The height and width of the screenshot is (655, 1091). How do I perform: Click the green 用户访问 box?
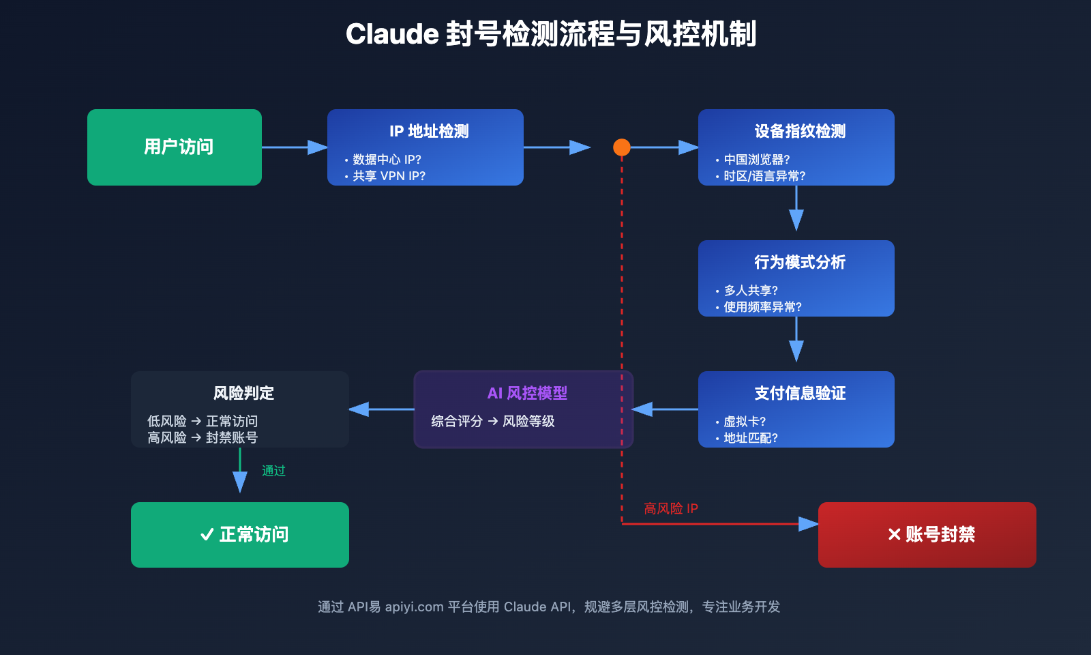(175, 147)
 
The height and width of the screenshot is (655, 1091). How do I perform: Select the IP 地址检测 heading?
(429, 131)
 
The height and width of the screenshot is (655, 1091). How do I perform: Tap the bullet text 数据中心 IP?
(387, 160)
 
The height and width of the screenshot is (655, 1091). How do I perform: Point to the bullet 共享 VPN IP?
(389, 176)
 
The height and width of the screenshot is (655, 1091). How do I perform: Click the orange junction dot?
(621, 147)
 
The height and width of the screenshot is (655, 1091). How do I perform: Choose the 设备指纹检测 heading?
(799, 131)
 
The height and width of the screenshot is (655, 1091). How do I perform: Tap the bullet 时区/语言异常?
(764, 176)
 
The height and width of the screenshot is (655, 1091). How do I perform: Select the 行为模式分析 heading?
(799, 262)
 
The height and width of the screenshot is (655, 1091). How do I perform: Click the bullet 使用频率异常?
(762, 307)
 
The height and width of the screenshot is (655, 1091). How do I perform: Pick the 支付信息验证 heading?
(799, 393)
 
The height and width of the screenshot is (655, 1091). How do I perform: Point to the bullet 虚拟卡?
(745, 422)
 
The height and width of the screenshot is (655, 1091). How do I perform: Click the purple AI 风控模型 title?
(527, 393)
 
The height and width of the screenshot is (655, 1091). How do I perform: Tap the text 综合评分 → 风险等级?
(492, 422)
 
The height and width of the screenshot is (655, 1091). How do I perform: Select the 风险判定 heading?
(243, 393)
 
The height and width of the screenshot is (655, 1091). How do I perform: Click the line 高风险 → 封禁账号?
(203, 438)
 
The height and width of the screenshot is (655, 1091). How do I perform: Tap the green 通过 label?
(273, 471)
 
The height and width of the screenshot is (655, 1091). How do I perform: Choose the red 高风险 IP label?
(670, 508)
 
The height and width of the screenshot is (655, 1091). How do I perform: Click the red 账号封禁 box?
(927, 535)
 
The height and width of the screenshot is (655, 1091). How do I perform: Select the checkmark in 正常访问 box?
(207, 535)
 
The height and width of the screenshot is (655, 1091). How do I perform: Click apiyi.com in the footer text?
(414, 607)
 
